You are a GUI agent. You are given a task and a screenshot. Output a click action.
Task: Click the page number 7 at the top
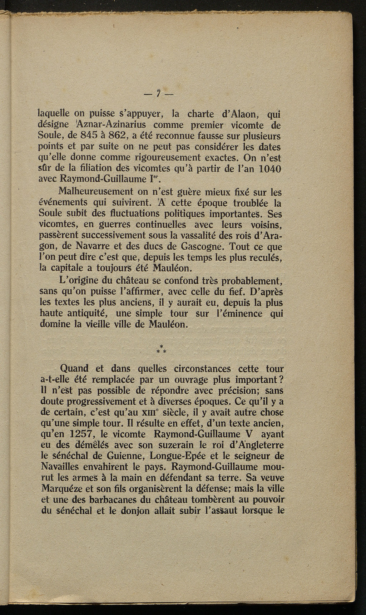pos(157,94)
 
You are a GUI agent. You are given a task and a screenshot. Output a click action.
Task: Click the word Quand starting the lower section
pos(76,368)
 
